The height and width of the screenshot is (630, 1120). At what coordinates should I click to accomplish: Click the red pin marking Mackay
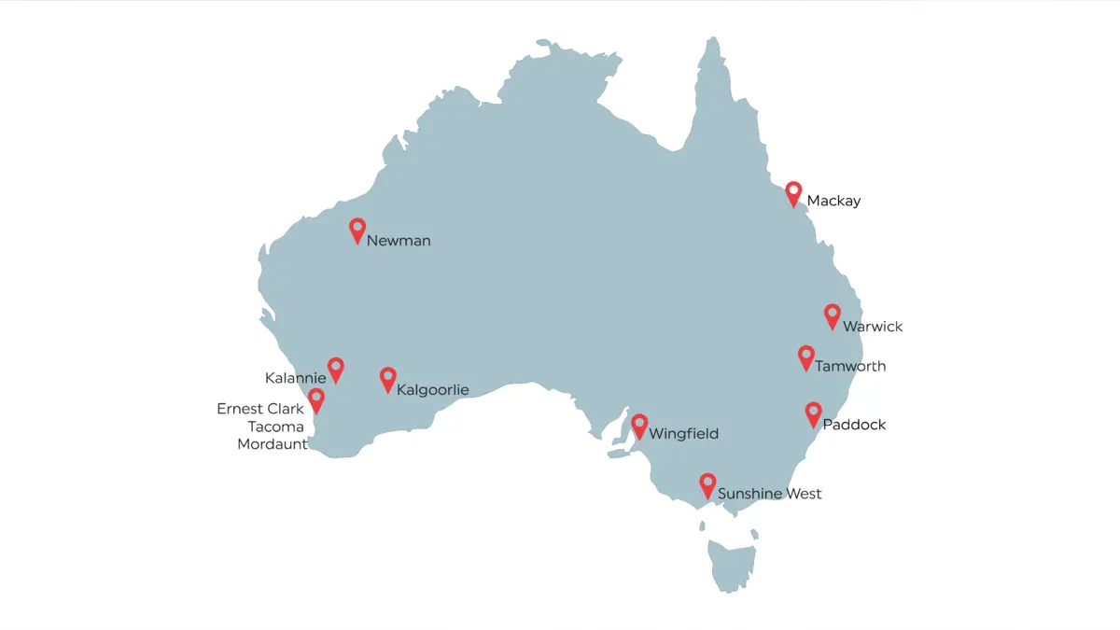[x=793, y=192]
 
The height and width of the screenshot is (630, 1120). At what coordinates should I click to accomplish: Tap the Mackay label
[x=833, y=201]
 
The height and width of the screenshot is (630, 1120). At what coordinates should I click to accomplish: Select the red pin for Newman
[x=357, y=230]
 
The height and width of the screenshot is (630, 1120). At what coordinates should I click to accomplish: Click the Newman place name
[x=399, y=241]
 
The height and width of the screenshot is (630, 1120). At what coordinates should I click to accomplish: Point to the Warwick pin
[x=833, y=315]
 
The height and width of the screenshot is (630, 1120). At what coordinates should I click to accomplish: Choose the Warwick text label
[x=873, y=327]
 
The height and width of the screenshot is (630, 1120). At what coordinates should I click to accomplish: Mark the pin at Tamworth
[x=806, y=357]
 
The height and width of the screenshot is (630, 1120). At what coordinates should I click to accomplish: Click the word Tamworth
[x=850, y=367]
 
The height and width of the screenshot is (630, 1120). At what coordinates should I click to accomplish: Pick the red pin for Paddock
[x=813, y=413]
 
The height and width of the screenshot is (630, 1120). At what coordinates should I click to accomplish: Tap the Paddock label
[x=854, y=425]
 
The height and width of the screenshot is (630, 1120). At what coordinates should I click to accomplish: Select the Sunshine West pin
[x=708, y=484]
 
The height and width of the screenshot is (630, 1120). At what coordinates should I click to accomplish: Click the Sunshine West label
[x=770, y=494]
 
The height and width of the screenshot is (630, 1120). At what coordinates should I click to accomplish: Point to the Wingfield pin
[x=639, y=426]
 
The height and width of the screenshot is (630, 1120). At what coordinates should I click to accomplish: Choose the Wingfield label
[x=684, y=434]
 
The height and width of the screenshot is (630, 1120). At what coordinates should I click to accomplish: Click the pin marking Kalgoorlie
[x=388, y=378]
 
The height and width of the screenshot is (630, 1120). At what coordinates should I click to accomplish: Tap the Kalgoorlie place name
[x=432, y=389]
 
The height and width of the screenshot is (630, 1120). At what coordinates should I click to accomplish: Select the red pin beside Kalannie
[x=336, y=369]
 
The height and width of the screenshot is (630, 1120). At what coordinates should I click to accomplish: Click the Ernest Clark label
[x=260, y=409]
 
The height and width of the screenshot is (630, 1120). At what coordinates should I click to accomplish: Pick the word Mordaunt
[x=273, y=444]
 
